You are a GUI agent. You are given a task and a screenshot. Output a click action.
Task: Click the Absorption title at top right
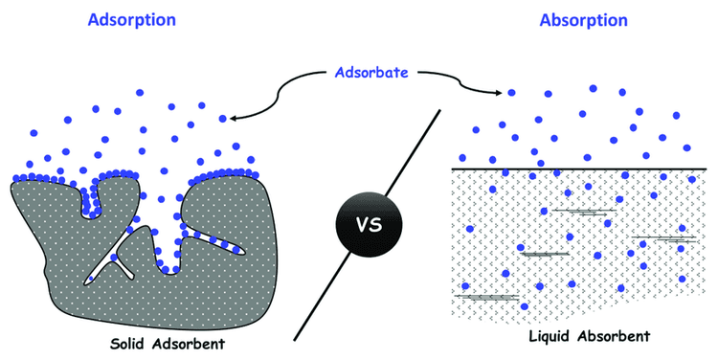point(583,18)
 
